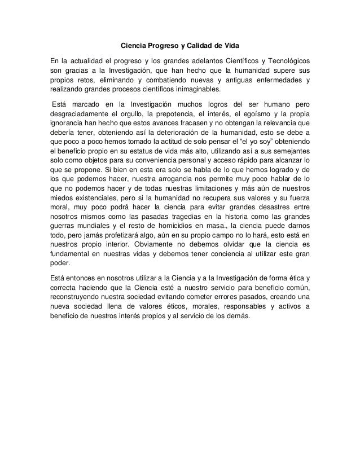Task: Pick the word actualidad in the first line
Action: (91, 60)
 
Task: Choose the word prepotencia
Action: (172, 115)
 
